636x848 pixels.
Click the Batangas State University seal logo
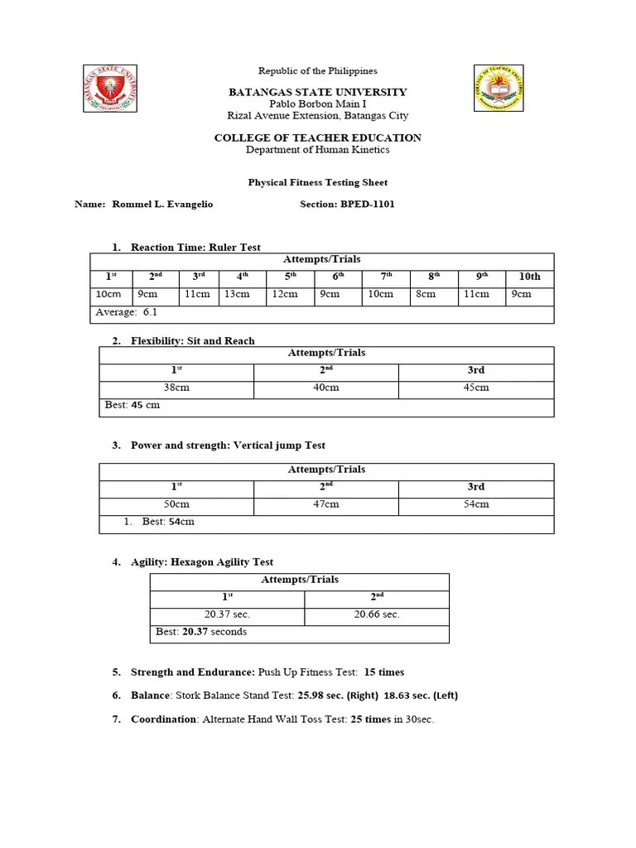[110, 88]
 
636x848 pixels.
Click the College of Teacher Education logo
[499, 88]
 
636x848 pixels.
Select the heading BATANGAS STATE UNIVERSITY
[318, 92]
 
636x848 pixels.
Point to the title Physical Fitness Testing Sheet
[318, 182]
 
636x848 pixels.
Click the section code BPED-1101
[368, 204]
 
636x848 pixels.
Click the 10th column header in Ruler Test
[529, 277]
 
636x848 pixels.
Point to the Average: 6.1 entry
[126, 312]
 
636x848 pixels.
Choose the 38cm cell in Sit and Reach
[176, 388]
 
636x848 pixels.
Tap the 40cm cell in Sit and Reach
[325, 388]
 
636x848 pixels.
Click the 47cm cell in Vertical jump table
[325, 503]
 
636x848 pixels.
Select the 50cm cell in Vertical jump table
[176, 503]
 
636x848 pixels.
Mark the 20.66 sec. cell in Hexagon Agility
[376, 614]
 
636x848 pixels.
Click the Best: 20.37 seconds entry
[201, 632]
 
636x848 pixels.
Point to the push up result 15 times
[384, 672]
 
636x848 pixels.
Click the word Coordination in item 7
[163, 720]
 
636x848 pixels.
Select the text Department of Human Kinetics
[318, 150]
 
